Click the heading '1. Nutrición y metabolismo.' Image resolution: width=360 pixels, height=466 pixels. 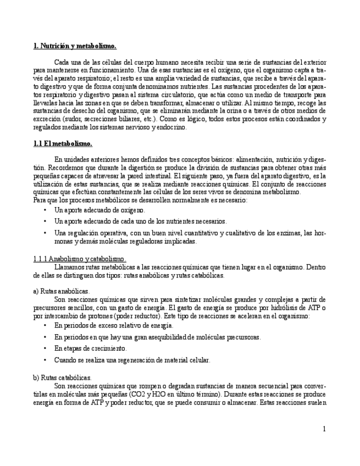pyautogui.click(x=75, y=46)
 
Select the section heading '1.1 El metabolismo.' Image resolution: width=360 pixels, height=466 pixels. pyautogui.click(x=63, y=144)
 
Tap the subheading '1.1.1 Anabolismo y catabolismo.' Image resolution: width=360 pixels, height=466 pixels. pyautogui.click(x=80, y=258)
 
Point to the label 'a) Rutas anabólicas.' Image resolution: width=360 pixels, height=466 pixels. pyautogui.click(x=61, y=291)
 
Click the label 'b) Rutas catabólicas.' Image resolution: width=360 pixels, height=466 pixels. pyautogui.click(x=62, y=378)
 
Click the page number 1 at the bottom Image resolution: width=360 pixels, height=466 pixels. pyautogui.click(x=324, y=428)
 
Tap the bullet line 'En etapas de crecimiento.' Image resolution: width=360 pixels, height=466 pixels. pyautogui.click(x=90, y=348)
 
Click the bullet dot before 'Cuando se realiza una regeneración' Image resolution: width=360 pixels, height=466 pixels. pyautogui.click(x=45, y=360)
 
